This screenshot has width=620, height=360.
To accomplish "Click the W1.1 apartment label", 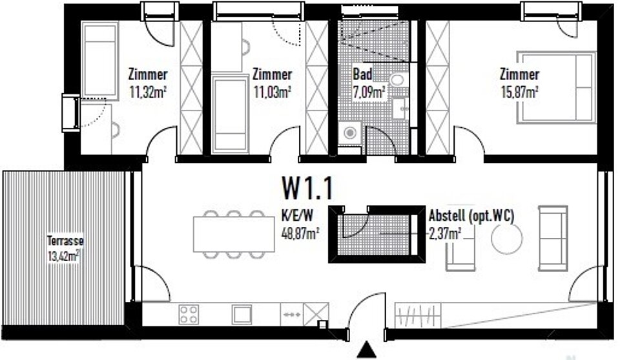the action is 307,188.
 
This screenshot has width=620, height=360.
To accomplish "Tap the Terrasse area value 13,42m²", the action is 64,256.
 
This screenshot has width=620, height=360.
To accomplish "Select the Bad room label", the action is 362,74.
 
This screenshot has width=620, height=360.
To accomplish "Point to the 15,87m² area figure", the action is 519,92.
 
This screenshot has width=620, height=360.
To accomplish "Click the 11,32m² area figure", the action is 147,92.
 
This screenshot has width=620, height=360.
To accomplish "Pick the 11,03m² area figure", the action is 272,92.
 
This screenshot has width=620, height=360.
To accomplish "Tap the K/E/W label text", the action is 297,216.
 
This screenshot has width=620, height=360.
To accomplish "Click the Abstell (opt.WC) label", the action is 471,216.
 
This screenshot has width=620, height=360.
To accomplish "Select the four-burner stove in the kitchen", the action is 189,315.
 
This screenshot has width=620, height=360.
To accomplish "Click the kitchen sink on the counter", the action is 242,315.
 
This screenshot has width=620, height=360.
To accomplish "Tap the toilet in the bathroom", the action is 398,80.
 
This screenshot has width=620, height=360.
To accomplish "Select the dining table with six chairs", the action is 234,234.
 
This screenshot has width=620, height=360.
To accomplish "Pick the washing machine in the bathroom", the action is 350,133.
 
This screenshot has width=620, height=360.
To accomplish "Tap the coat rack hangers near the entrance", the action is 418,315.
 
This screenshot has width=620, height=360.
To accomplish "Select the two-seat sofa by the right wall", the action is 553,238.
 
